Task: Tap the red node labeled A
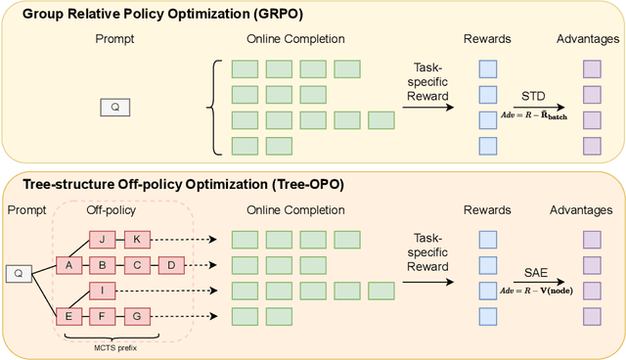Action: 68,264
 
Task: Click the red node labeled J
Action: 102,239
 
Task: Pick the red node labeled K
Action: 137,239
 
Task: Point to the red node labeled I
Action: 102,290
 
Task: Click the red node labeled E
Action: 68,316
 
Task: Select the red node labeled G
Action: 137,316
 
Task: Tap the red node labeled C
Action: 137,264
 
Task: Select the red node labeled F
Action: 102,316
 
